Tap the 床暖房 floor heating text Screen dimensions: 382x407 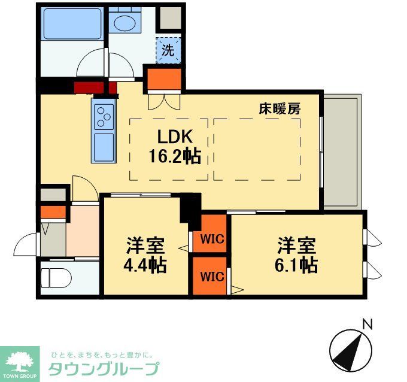click(279, 109)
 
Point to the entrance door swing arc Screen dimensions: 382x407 click(27, 245)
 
